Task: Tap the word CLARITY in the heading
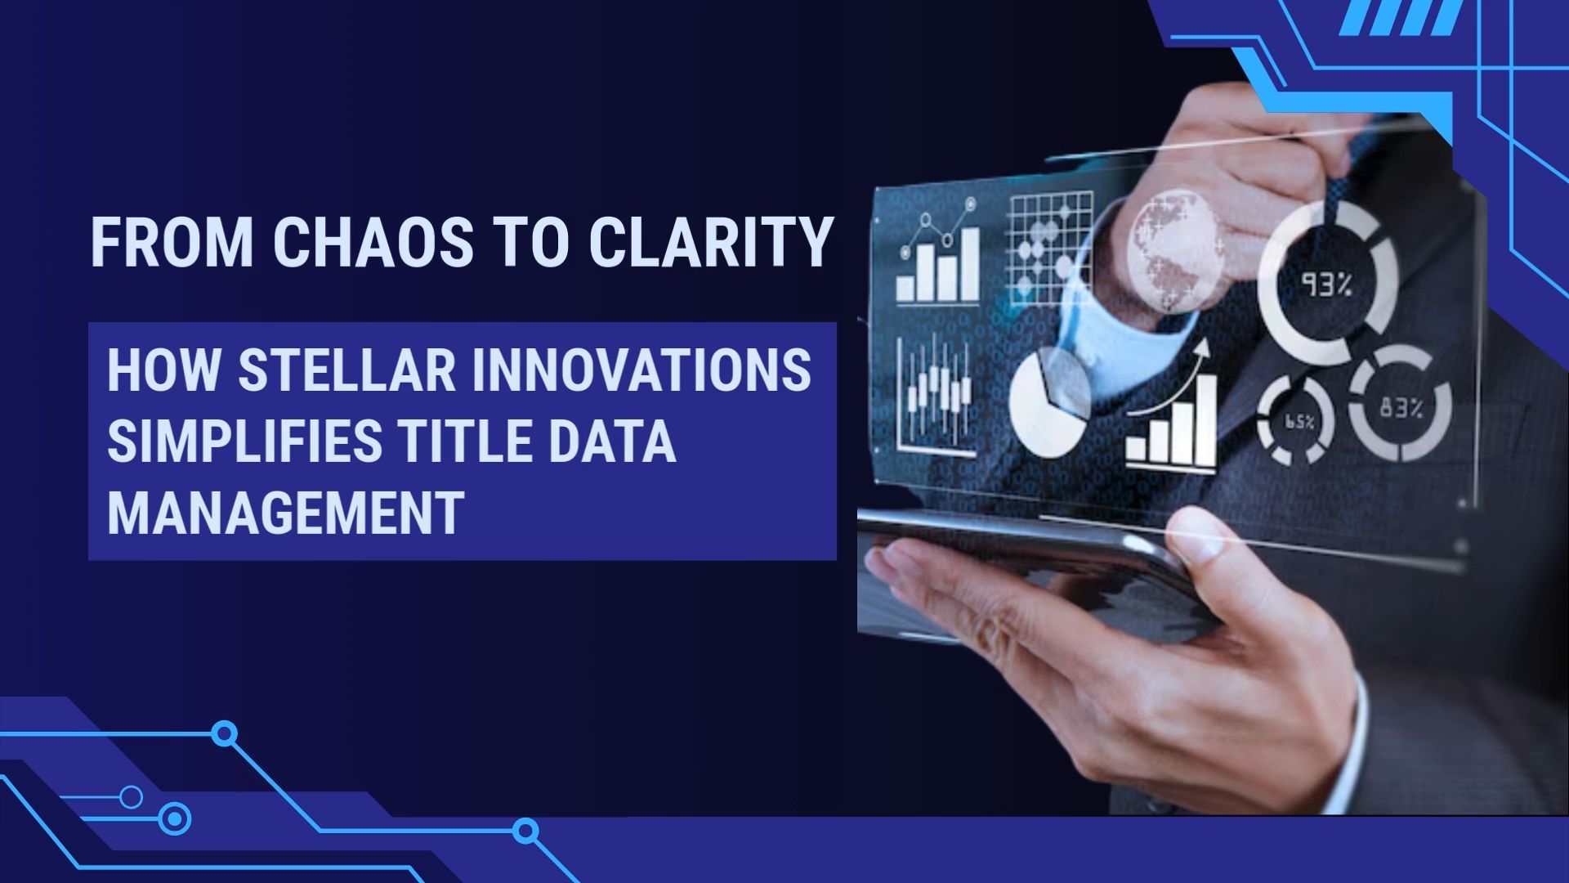tap(711, 242)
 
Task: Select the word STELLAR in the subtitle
tap(346, 370)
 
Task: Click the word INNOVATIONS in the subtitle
tap(641, 370)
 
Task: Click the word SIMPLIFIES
tap(244, 441)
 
